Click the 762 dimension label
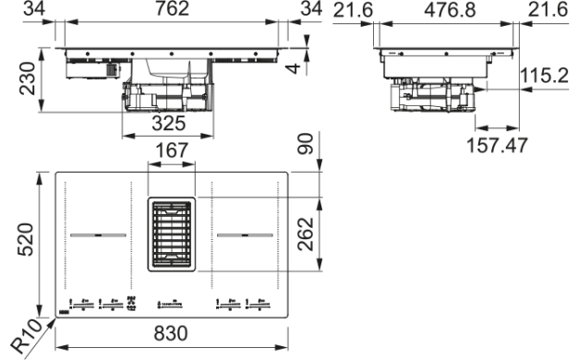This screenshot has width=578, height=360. point(172,8)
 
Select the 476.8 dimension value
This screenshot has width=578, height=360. point(450,10)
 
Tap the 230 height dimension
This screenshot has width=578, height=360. point(28,78)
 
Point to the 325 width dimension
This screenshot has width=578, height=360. point(168,124)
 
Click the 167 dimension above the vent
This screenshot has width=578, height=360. point(172,150)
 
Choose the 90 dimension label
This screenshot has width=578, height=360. point(306,144)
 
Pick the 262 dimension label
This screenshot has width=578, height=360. point(306,234)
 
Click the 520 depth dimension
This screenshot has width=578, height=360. point(26,239)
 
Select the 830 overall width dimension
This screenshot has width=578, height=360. point(171,333)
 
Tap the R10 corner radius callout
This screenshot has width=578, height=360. point(27,336)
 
